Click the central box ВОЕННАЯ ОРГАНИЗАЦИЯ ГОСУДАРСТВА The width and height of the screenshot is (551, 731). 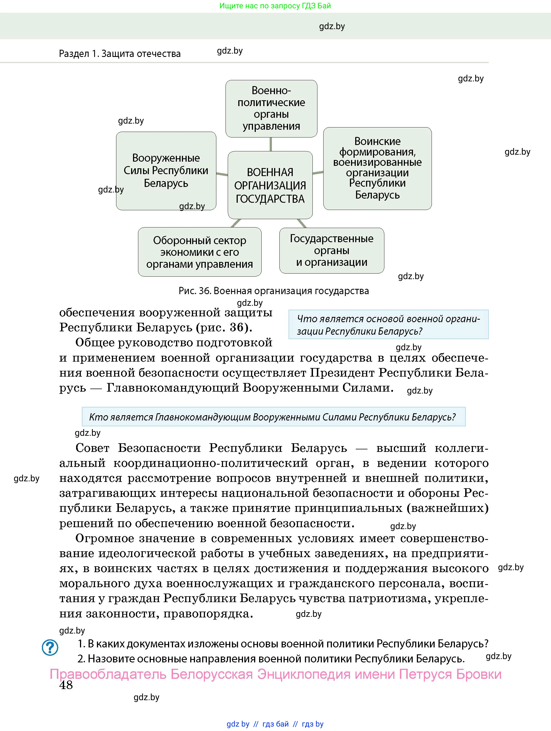click(270, 185)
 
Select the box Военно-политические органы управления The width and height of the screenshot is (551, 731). click(271, 108)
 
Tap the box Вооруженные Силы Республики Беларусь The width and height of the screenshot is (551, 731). click(166, 171)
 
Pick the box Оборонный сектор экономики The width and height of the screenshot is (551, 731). click(200, 252)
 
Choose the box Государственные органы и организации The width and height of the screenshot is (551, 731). click(332, 250)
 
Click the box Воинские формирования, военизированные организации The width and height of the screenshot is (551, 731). click(377, 168)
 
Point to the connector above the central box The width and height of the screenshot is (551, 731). click(271, 144)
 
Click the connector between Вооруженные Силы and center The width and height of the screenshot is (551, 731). click(222, 174)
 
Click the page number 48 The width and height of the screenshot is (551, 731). click(66, 685)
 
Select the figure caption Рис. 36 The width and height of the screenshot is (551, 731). click(273, 291)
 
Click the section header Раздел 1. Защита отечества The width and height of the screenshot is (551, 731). click(120, 54)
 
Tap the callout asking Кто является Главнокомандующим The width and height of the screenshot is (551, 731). click(273, 417)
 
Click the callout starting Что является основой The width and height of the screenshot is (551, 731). click(388, 324)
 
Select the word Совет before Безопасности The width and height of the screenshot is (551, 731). click(92, 448)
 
